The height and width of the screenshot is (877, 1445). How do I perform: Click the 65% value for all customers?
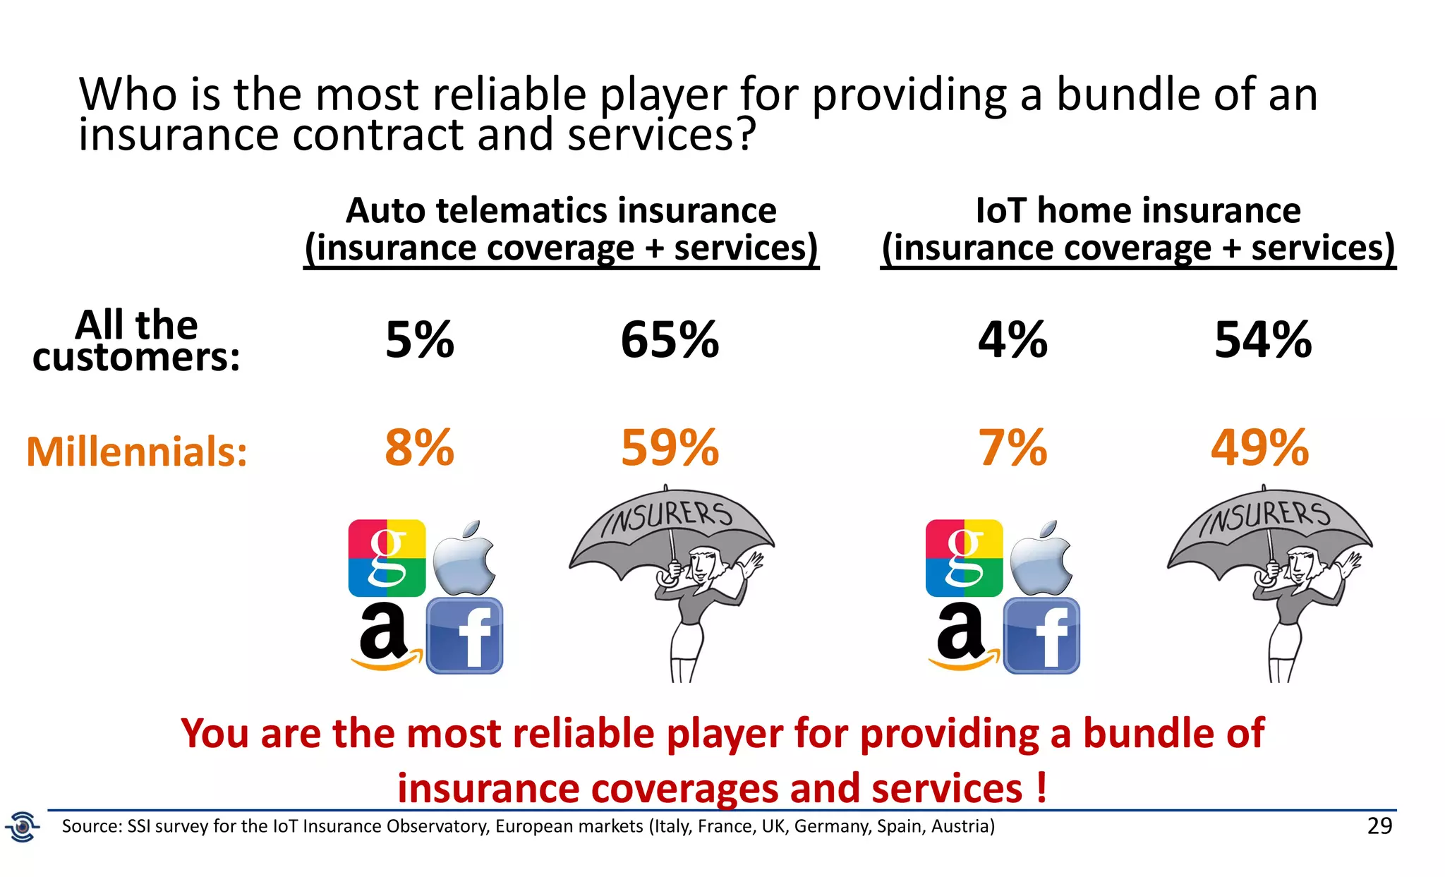pos(669,340)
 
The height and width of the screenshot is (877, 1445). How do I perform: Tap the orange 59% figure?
pos(669,448)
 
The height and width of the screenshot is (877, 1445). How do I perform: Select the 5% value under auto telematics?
pos(419,340)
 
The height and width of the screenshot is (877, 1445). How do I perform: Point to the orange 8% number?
pos(419,448)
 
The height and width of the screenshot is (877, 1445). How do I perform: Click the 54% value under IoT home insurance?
pos(1262,340)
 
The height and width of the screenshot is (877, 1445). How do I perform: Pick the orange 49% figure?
pos(1259,448)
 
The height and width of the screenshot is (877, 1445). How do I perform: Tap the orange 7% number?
pos(1012,448)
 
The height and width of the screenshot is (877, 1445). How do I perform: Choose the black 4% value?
pos(1012,340)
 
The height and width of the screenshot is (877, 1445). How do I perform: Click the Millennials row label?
pos(137,452)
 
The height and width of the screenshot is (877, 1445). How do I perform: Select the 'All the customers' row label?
pos(136,340)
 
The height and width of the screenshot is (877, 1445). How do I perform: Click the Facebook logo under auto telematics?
pos(464,636)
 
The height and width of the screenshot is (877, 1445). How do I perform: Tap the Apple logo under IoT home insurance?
pos(1041,559)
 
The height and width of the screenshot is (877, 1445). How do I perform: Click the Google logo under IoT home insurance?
pos(964,558)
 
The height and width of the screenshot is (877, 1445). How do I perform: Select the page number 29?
pos(1379,825)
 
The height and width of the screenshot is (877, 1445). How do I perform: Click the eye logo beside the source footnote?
pos(23,826)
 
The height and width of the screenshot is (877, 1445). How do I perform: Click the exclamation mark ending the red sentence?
pos(1041,788)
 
